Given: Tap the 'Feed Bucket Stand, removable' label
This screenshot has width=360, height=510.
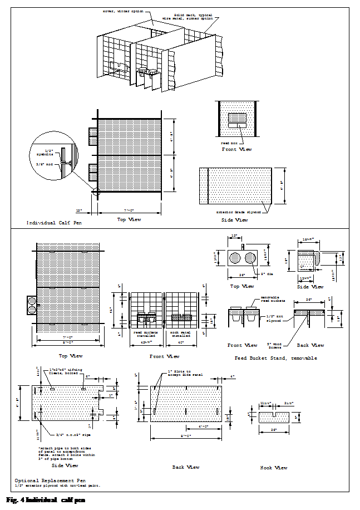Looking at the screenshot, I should click(276, 358).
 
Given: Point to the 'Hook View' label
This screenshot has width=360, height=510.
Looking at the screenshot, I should click(274, 468).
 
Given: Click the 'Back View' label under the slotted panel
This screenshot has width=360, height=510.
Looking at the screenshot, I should click(185, 467).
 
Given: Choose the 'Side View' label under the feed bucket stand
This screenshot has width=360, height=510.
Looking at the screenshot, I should click(310, 287).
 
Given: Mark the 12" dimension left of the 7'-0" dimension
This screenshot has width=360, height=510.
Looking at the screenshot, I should click(79, 210).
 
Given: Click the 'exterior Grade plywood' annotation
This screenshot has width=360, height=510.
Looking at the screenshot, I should click(239, 212).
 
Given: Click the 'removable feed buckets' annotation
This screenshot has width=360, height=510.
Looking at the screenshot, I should click(270, 299).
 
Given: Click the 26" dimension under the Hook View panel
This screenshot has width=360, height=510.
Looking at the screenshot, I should click(274, 430).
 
